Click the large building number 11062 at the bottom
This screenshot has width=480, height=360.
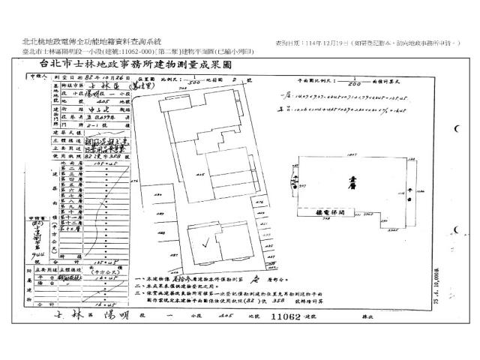289,318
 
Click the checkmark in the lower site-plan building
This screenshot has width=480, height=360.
198,238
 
